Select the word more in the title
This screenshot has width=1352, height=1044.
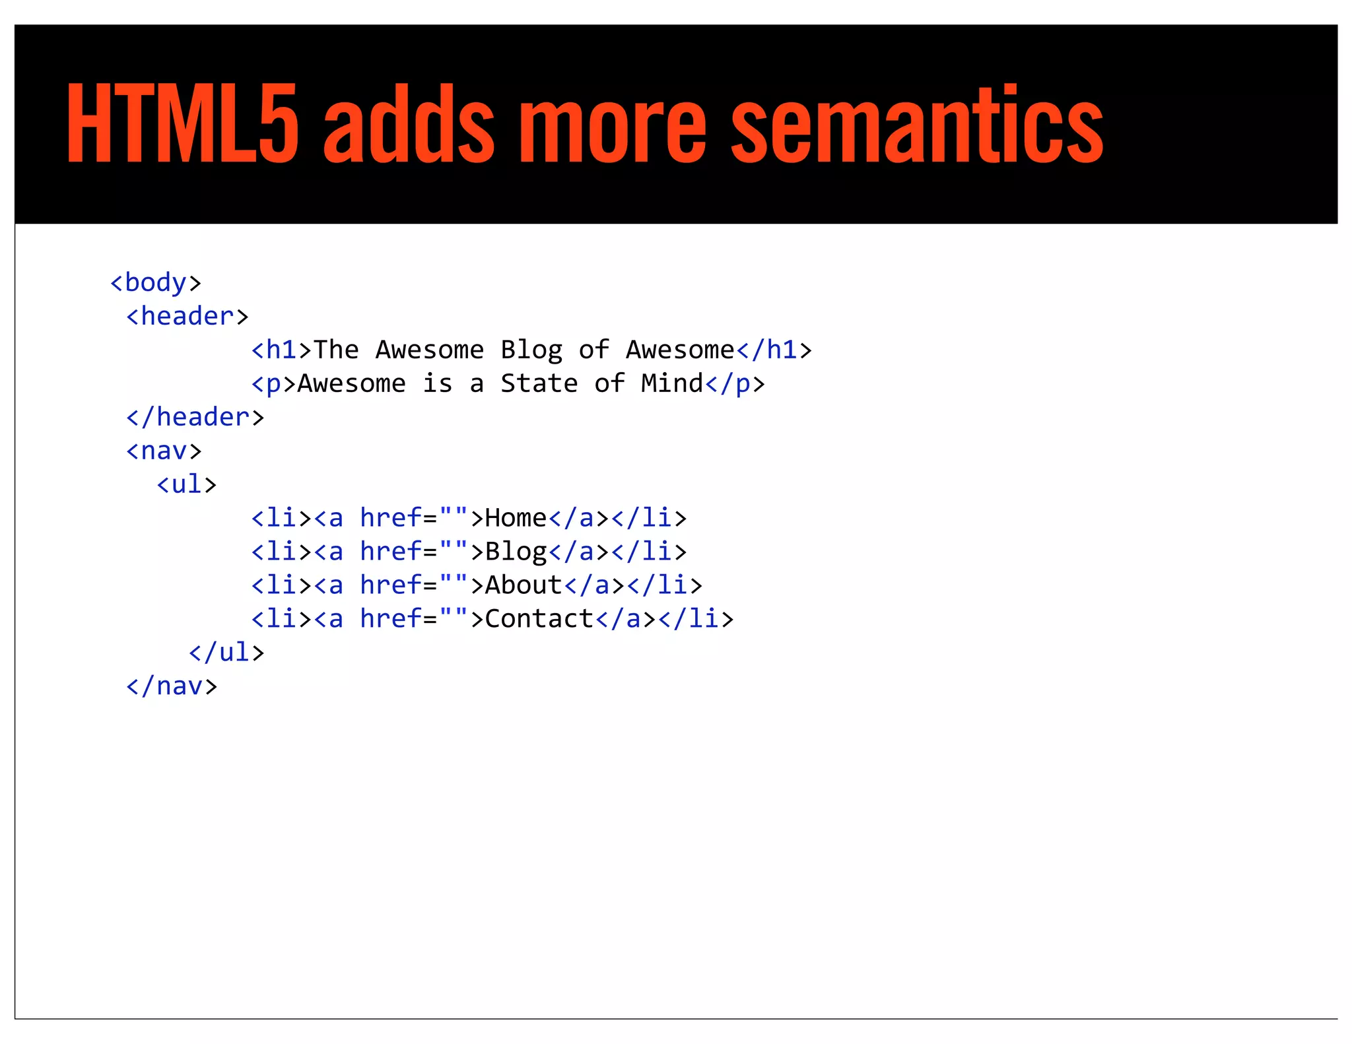(x=613, y=123)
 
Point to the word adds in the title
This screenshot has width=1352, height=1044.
(x=409, y=123)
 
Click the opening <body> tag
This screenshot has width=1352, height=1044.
(x=156, y=282)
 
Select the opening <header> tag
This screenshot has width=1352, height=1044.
(x=187, y=316)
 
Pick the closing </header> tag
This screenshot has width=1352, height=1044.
(x=195, y=417)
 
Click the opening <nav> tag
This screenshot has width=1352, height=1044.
(x=164, y=451)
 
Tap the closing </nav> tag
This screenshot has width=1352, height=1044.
(x=172, y=686)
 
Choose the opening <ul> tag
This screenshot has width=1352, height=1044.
(x=187, y=484)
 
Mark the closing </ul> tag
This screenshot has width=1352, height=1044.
(x=226, y=653)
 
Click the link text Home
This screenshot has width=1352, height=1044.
(x=516, y=518)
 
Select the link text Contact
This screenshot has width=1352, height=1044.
(x=539, y=619)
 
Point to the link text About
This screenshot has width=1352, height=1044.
(x=524, y=585)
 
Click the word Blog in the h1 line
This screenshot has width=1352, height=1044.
(x=531, y=350)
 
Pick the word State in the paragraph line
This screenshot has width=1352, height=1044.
(x=539, y=383)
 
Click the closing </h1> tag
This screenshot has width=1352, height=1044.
(x=774, y=350)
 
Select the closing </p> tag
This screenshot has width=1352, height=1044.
(x=735, y=383)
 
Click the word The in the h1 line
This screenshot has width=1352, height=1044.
(x=336, y=350)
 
